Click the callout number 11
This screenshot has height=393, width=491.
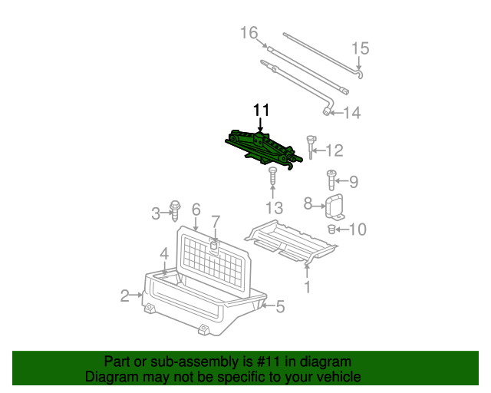pyautogui.click(x=261, y=110)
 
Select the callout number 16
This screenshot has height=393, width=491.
pyautogui.click(x=249, y=33)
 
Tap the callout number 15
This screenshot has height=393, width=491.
pyautogui.click(x=360, y=48)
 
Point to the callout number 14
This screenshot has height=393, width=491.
pyautogui.click(x=351, y=113)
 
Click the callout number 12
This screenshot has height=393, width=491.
pyautogui.click(x=334, y=150)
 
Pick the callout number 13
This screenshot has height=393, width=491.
pyautogui.click(x=274, y=208)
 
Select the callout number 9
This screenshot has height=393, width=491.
pyautogui.click(x=353, y=182)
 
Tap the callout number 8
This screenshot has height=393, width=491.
pyautogui.click(x=308, y=203)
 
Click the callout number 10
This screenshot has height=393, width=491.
pyautogui.click(x=358, y=229)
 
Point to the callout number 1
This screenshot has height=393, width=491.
pyautogui.click(x=308, y=288)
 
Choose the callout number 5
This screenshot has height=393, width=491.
pyautogui.click(x=279, y=308)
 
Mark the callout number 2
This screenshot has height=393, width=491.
pyautogui.click(x=124, y=296)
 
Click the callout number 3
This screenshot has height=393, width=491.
pyautogui.click(x=156, y=213)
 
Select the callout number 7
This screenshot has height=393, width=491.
pyautogui.click(x=216, y=222)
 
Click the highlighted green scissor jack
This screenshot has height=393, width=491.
pyautogui.click(x=260, y=147)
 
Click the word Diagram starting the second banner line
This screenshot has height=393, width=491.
pyautogui.click(x=109, y=377)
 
